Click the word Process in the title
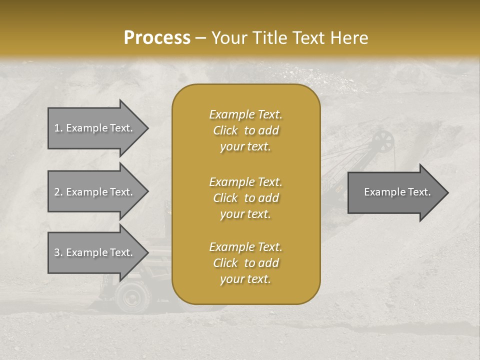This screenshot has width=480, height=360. (x=157, y=38)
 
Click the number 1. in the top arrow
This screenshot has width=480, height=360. (x=58, y=128)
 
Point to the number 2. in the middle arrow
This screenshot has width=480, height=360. (x=58, y=192)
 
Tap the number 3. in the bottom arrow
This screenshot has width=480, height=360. (x=58, y=252)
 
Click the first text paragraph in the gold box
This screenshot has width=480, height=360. (x=245, y=130)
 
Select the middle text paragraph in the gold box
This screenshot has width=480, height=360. (x=245, y=198)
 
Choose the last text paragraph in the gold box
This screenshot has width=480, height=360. (x=245, y=263)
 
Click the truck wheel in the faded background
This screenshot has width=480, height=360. (x=133, y=297)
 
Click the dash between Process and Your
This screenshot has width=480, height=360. (x=200, y=38)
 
